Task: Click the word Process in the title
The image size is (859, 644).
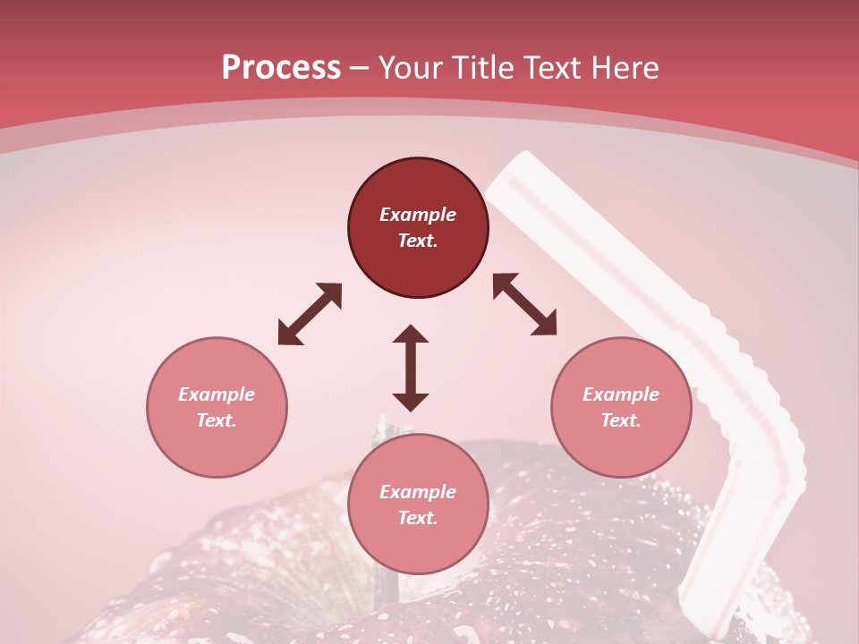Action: coord(281,68)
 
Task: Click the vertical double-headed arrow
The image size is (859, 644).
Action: coord(411,368)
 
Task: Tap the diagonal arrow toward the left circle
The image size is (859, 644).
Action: coord(310,314)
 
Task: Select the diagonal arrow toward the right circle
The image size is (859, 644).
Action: coord(524,304)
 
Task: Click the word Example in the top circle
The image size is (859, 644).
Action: coord(418,215)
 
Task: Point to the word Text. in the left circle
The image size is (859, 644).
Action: coord(217,420)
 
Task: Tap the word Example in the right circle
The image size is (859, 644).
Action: coord(621,394)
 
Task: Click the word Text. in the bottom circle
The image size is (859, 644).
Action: coord(418,518)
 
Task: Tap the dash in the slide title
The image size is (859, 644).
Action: coord(359,68)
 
